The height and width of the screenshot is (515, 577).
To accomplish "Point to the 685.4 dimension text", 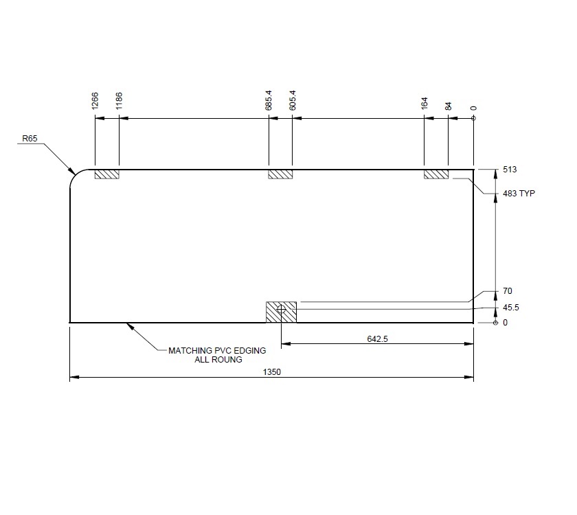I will pos(269,100).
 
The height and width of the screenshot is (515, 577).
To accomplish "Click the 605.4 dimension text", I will pos(293,100).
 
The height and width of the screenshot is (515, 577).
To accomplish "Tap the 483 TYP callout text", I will pos(519,194).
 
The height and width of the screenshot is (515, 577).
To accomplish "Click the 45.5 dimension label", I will pos(511,308).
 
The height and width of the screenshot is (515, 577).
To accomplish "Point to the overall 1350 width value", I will pos(273,372).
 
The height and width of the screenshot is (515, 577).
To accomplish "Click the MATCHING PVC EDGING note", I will pos(217,350).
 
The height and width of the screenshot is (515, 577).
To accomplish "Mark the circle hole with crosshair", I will pos(281,310).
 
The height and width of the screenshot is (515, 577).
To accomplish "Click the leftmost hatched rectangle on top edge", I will pos(106,174).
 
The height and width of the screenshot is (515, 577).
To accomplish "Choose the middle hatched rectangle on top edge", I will pos(280,174).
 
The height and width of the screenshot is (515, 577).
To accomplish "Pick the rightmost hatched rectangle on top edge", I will pos(436,174).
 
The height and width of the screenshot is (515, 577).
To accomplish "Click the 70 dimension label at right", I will pos(508,291).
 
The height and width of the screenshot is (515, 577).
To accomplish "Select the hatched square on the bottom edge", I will pos(281,312).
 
